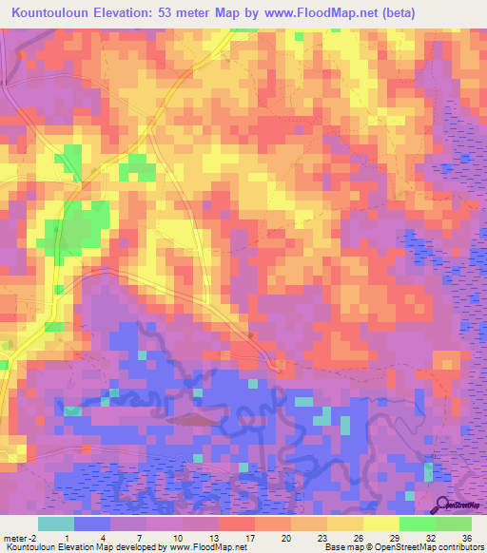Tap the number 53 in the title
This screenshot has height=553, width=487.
(x=186, y=12)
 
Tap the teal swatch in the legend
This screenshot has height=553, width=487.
(x=56, y=524)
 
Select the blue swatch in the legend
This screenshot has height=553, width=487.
(x=92, y=524)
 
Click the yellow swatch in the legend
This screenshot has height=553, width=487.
(x=380, y=524)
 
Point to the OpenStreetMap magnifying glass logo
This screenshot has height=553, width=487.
(x=443, y=505)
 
